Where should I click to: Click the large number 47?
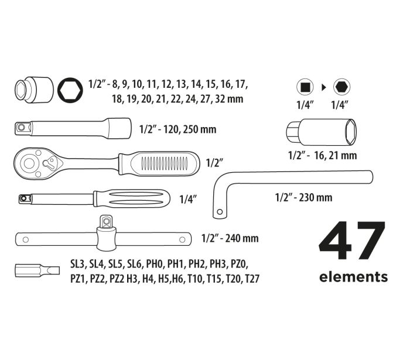pos(352,241)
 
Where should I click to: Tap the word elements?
pos(353,277)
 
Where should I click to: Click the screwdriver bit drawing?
pos(37,270)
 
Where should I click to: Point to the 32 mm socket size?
pos(229,99)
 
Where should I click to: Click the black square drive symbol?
pos(305,87)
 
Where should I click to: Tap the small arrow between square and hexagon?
pos(324,88)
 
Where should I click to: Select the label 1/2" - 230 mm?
pos(303,197)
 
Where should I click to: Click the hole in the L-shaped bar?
pos(220,212)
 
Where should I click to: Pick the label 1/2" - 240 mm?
pos(230,238)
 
